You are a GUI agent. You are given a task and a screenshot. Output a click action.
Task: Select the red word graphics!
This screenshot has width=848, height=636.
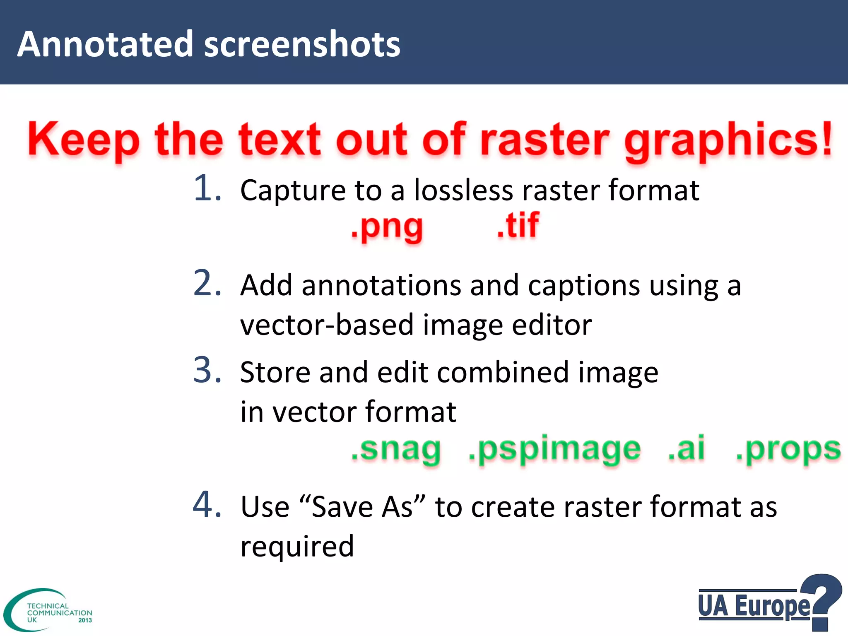coord(728,141)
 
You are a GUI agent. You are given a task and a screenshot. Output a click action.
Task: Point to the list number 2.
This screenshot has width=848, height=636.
coord(207,283)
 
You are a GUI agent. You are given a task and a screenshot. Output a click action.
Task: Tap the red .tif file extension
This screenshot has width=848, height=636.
coord(518,225)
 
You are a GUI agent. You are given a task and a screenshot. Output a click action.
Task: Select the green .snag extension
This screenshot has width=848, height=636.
coord(396,450)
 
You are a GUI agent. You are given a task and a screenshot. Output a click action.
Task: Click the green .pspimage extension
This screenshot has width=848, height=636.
coord(554,450)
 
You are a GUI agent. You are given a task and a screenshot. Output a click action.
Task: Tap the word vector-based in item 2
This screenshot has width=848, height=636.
coord(327,325)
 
